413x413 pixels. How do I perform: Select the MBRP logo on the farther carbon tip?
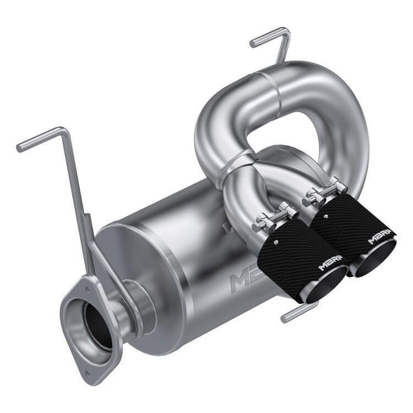pyautogui.click(x=379, y=240)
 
